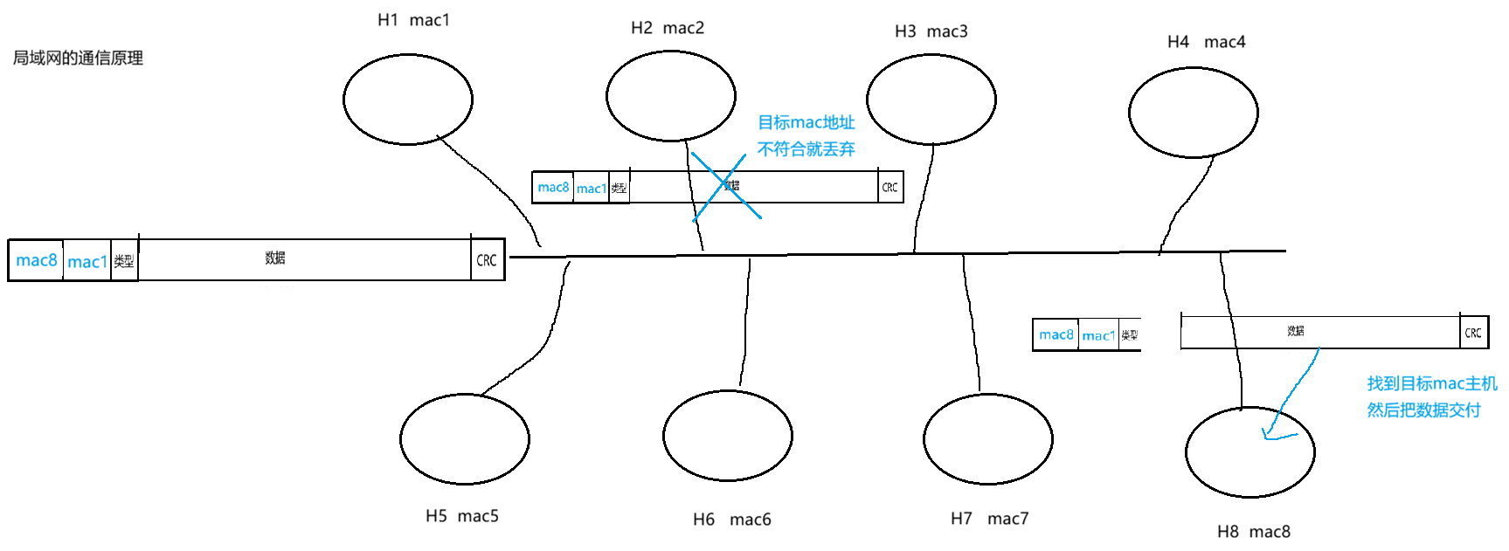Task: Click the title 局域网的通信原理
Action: pyautogui.click(x=78, y=58)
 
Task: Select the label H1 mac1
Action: pyautogui.click(x=413, y=19)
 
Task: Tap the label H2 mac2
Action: pyautogui.click(x=667, y=28)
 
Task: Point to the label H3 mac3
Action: pyautogui.click(x=931, y=31)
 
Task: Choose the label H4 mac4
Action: pyautogui.click(x=1206, y=41)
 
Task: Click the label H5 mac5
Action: pyautogui.click(x=461, y=515)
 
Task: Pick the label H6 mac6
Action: pyautogui.click(x=731, y=519)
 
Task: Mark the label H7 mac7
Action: pyautogui.click(x=989, y=518)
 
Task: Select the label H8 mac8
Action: pyautogui.click(x=1253, y=531)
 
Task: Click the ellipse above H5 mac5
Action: pyautogui.click(x=464, y=437)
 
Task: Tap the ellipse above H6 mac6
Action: pyautogui.click(x=728, y=434)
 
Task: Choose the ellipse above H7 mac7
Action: pyautogui.click(x=989, y=437)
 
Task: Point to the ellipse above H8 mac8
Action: pyautogui.click(x=1251, y=451)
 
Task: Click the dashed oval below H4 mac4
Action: pyautogui.click(x=1192, y=111)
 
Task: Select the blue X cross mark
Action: pyautogui.click(x=726, y=187)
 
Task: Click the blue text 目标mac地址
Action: pyautogui.click(x=806, y=122)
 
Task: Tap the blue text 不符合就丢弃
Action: pyautogui.click(x=806, y=149)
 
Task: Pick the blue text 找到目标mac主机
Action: pyautogui.click(x=1431, y=383)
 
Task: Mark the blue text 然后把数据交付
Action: pyautogui.click(x=1423, y=410)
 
